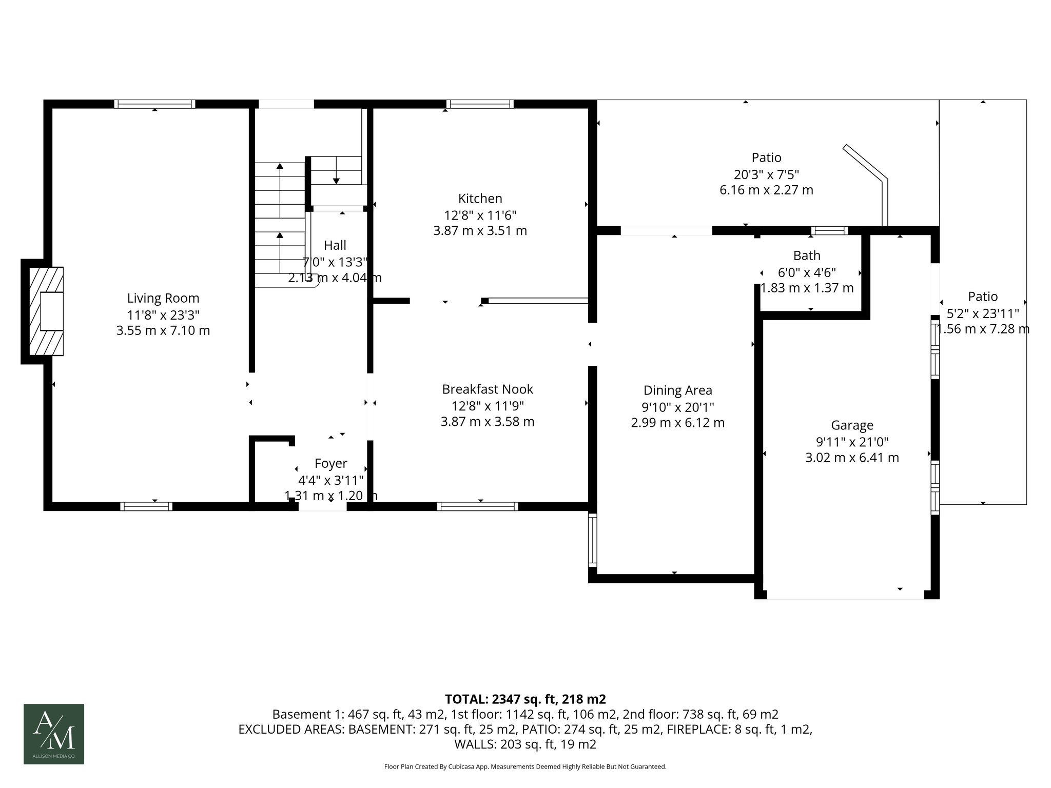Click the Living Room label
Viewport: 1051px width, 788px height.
click(163, 298)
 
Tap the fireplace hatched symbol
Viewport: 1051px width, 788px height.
click(46, 311)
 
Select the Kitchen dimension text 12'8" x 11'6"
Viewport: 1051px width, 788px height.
click(480, 215)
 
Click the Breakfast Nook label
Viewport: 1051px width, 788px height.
click(488, 389)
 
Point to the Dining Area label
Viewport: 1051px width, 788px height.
click(677, 390)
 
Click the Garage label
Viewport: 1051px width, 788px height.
click(852, 425)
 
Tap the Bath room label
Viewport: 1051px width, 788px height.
click(807, 255)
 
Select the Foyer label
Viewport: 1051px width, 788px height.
click(330, 464)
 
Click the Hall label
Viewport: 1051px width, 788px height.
click(335, 245)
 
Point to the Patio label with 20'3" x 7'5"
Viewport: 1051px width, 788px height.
click(766, 157)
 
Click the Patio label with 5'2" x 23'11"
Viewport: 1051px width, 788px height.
click(983, 297)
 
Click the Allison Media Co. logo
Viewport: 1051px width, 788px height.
click(54, 734)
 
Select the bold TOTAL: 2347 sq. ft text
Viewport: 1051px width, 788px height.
click(525, 699)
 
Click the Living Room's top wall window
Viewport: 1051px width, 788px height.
click(154, 104)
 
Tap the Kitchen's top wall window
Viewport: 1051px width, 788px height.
click(480, 104)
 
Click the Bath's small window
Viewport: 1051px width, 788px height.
click(829, 230)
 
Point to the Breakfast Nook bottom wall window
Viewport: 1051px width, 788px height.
click(477, 506)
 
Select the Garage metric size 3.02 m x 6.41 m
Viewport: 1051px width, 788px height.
click(852, 458)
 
